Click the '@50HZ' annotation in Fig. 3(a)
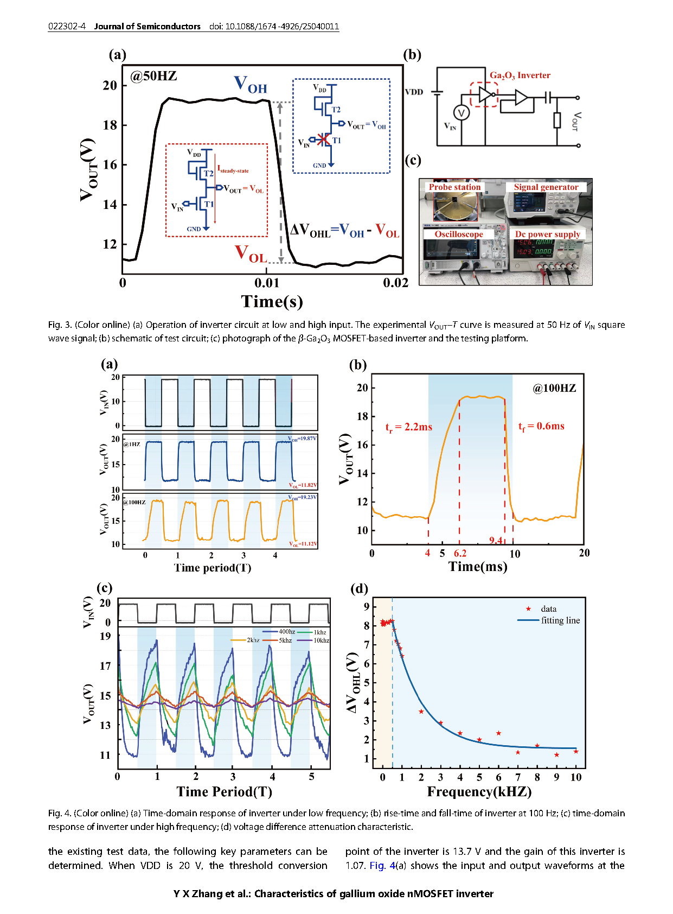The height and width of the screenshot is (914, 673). tap(153, 75)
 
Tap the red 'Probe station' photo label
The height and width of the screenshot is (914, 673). tap(454, 187)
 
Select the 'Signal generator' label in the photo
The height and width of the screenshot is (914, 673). tap(546, 187)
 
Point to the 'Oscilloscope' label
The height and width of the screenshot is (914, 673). tap(459, 234)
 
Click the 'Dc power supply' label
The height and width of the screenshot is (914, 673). tap(547, 234)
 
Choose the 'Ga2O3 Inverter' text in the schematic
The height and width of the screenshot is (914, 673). tap(520, 75)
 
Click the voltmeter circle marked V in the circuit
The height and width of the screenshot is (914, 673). tap(462, 113)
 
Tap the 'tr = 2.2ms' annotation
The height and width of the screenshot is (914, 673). tap(409, 427)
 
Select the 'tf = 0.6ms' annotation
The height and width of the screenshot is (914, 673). tap(541, 427)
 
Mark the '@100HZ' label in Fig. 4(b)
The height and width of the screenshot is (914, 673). tap(554, 388)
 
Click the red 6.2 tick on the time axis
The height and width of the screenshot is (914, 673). tap(460, 554)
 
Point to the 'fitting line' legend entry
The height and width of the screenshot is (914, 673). tap(560, 620)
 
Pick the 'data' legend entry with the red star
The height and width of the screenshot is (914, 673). tap(548, 609)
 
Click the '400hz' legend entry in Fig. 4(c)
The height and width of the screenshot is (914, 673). tap(286, 632)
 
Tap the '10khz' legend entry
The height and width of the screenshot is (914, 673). tap(321, 640)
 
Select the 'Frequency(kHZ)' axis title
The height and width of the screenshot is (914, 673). tap(479, 792)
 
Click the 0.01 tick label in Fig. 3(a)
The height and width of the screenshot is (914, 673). tap(267, 283)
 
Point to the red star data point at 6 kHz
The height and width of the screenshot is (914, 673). tap(498, 733)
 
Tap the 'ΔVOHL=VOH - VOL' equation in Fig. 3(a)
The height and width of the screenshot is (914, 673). tap(345, 231)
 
